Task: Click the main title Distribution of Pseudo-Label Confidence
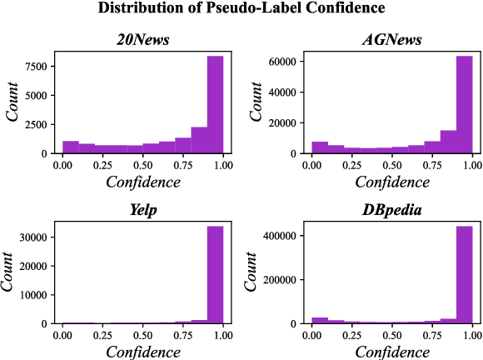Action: (x=242, y=9)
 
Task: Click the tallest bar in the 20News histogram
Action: (x=215, y=104)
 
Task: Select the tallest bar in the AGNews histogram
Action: (x=464, y=104)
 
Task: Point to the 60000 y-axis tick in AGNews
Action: (x=283, y=61)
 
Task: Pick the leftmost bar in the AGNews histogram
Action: (x=320, y=147)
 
